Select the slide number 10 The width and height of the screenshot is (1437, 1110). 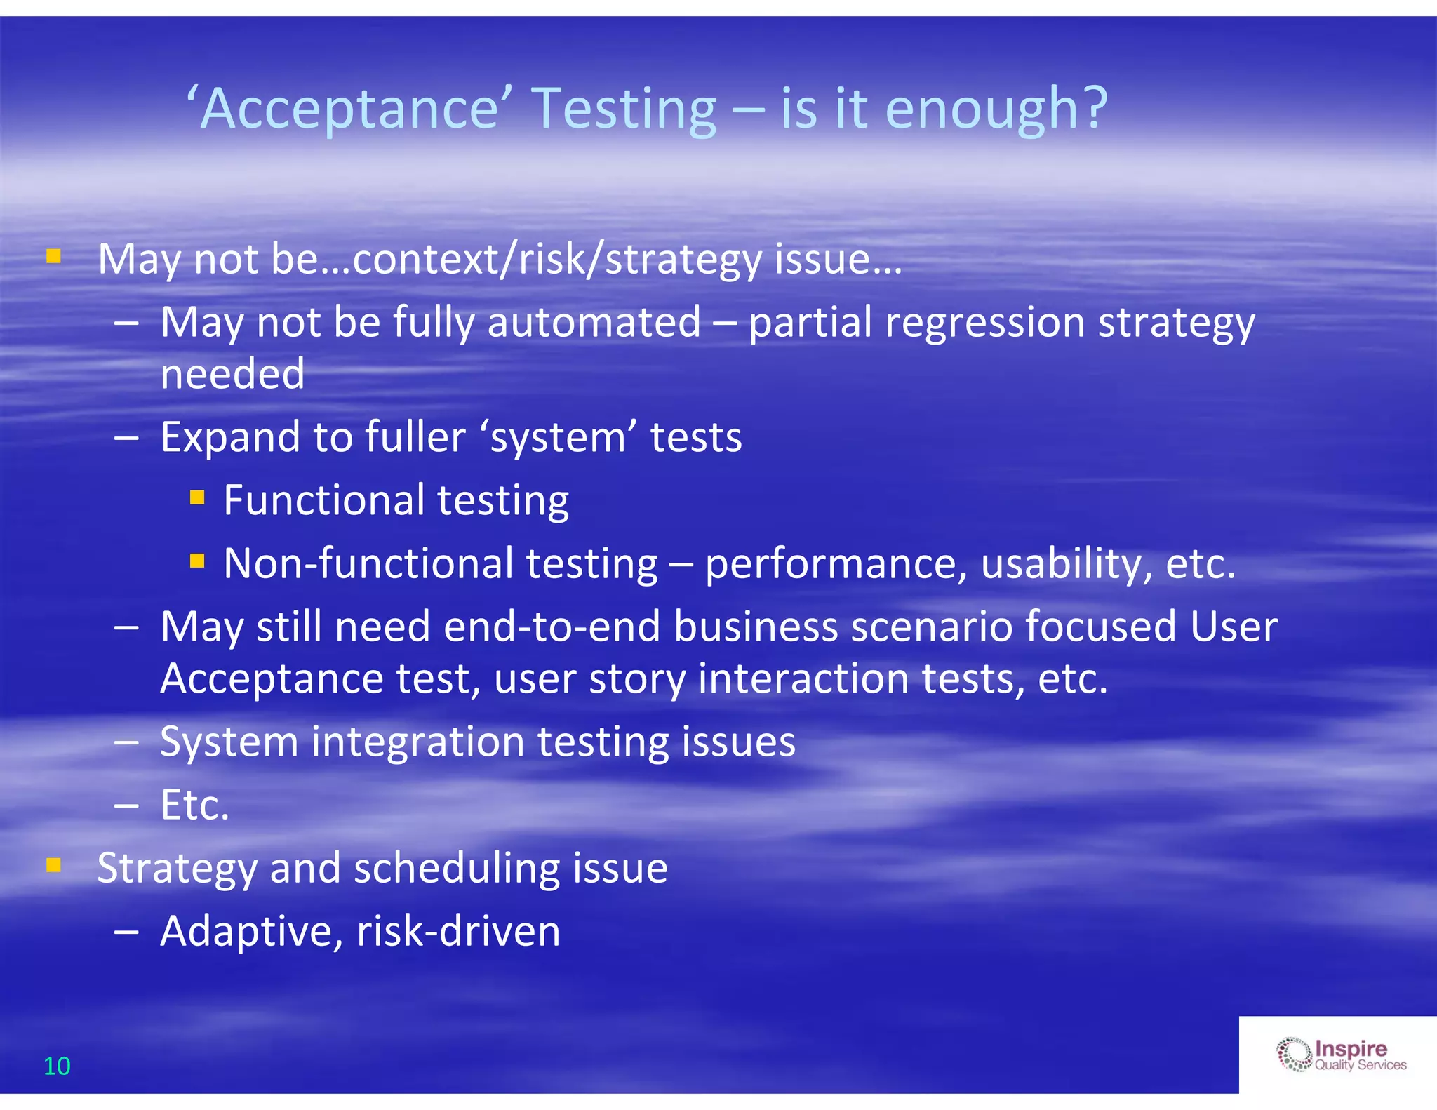click(x=57, y=1066)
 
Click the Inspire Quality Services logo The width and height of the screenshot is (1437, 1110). click(x=1341, y=1055)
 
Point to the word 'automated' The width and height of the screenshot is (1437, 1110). click(x=594, y=323)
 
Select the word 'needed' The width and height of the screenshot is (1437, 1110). click(x=232, y=374)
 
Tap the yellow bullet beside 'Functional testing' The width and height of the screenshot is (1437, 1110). click(x=197, y=498)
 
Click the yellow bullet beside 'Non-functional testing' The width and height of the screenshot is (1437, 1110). click(x=197, y=561)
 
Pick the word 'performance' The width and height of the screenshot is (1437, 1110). click(x=836, y=564)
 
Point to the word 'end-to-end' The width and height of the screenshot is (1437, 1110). click(x=552, y=627)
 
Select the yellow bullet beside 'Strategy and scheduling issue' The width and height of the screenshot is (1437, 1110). click(x=54, y=866)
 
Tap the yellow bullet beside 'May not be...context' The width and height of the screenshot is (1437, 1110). click(x=54, y=257)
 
